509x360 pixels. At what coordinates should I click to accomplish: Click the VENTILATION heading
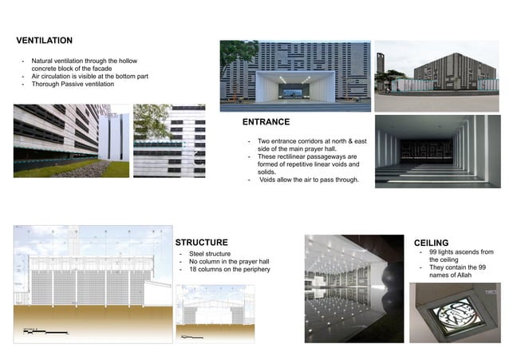pyautogui.click(x=44, y=41)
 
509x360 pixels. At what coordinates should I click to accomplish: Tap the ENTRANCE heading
pyautogui.click(x=266, y=123)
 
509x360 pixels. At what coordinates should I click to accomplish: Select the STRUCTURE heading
pyautogui.click(x=202, y=243)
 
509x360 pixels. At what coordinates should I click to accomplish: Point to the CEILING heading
pyautogui.click(x=431, y=242)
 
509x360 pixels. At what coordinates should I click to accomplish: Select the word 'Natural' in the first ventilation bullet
pyautogui.click(x=45, y=61)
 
